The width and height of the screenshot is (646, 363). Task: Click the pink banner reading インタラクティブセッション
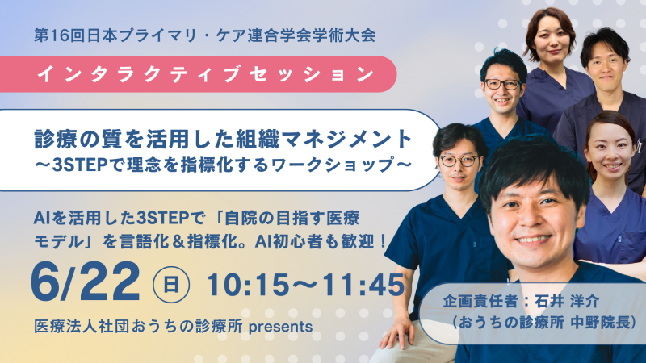[198, 74]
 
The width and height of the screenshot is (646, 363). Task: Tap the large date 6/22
[86, 283]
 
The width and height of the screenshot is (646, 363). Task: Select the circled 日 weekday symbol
[171, 285]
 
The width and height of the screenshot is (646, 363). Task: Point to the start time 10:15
[249, 285]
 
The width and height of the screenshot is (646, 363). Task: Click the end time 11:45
[363, 285]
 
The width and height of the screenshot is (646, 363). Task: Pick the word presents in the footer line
[280, 328]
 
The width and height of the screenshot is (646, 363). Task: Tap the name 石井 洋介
[567, 301]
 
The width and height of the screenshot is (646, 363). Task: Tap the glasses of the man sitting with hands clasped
[459, 161]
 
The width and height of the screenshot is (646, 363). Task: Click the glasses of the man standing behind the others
[502, 85]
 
